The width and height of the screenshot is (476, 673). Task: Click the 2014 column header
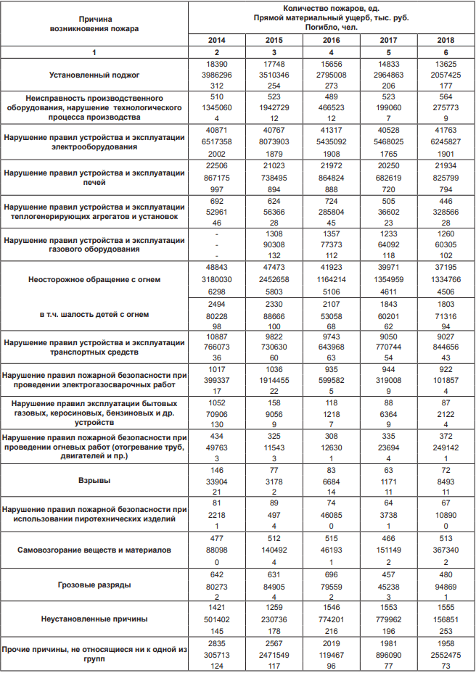coord(216,41)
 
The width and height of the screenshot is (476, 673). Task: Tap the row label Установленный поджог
coord(94,75)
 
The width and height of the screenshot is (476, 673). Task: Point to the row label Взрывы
coord(94,480)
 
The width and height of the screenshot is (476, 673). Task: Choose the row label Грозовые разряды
coord(94,583)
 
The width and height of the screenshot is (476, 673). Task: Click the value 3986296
coord(216,75)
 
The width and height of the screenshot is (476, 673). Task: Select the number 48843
coord(216,268)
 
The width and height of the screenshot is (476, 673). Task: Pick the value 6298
coord(216,289)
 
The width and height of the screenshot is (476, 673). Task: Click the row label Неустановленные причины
coord(94,619)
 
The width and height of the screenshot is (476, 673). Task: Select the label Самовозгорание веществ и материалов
coord(94,550)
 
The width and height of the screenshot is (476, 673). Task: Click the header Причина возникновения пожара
coord(94,23)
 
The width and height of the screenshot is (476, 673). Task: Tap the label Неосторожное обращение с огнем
coord(94,279)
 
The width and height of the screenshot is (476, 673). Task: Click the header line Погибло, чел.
coord(331,26)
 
